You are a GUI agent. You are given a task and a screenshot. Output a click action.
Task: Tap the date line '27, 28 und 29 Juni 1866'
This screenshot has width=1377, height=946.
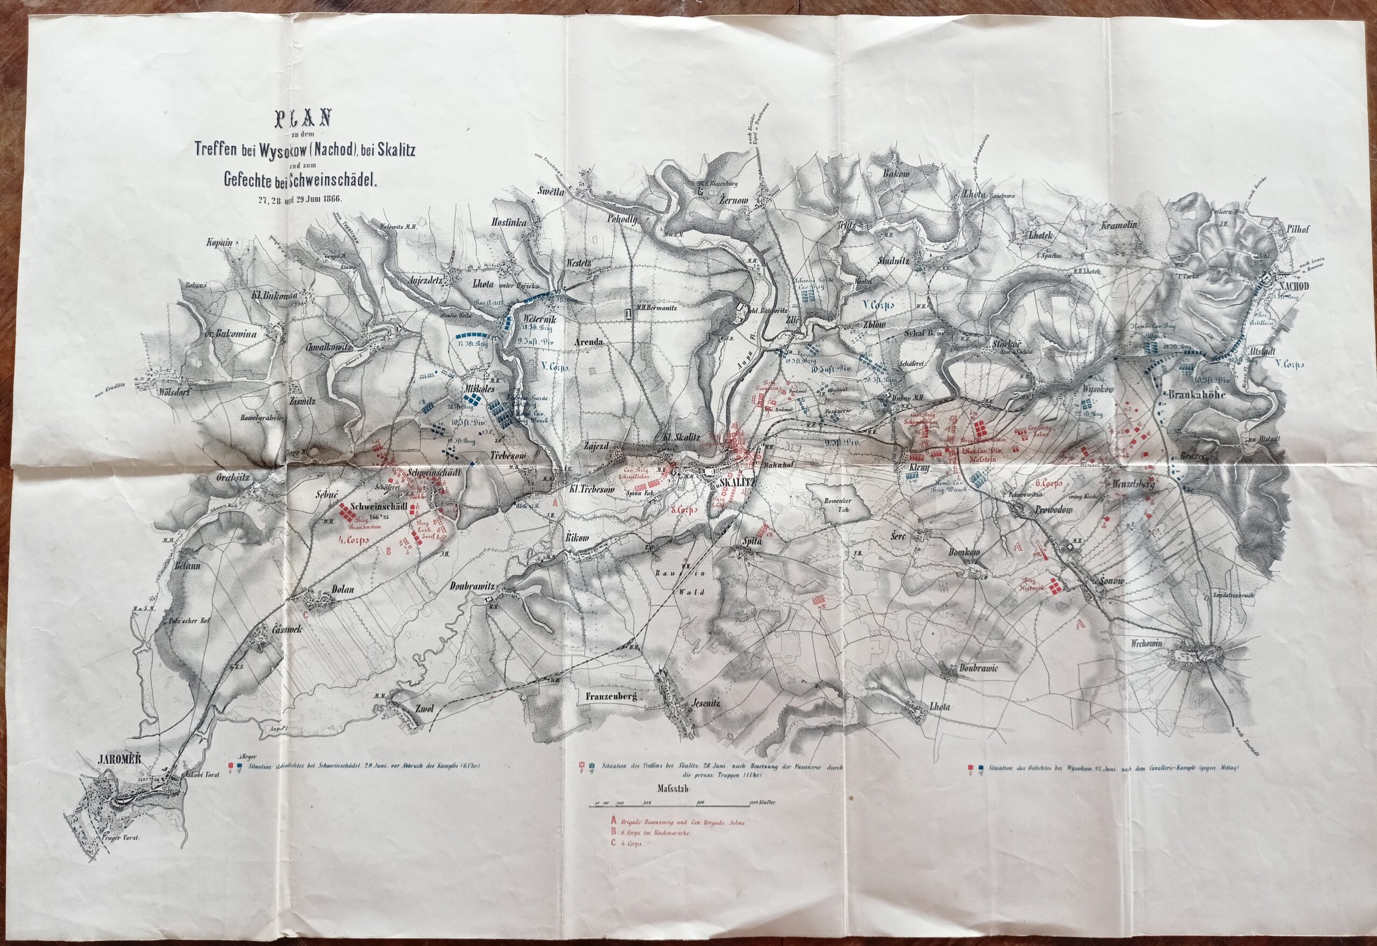302,198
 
